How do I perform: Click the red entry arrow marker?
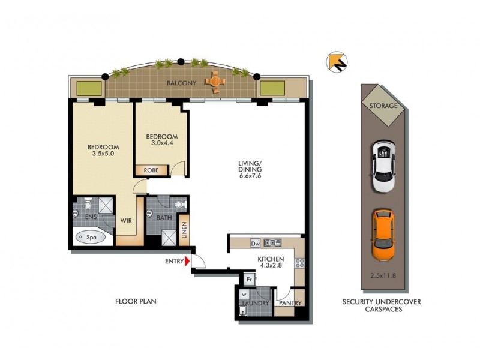pyautogui.click(x=187, y=261)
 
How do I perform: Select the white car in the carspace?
pyautogui.click(x=383, y=166)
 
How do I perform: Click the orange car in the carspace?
pyautogui.click(x=383, y=234)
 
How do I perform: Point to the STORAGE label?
pyautogui.click(x=383, y=106)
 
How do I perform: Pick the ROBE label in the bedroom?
pyautogui.click(x=151, y=170)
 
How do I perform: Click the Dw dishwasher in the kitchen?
pyautogui.click(x=255, y=243)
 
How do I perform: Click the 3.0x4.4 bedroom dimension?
pyautogui.click(x=162, y=143)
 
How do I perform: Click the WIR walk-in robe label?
pyautogui.click(x=126, y=221)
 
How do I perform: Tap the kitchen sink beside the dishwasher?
pyautogui.click(x=273, y=243)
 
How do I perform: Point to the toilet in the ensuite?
pyautogui.click(x=88, y=202)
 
